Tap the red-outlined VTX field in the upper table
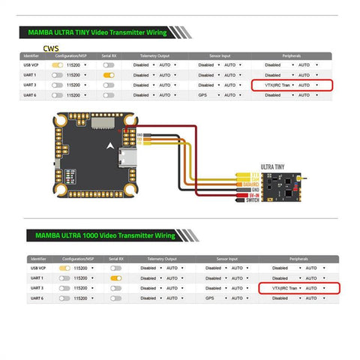(292, 85)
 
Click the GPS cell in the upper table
(204, 95)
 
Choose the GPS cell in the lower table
(211, 297)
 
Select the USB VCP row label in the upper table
(31, 65)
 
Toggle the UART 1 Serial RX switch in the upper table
(109, 75)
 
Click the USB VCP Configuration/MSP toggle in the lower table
(65, 268)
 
